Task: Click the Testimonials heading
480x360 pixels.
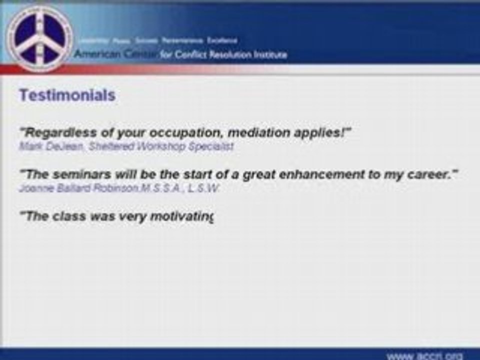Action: pyautogui.click(x=67, y=95)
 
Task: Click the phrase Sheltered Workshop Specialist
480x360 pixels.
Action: pyautogui.click(x=154, y=146)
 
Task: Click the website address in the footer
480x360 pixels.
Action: pyautogui.click(x=425, y=355)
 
